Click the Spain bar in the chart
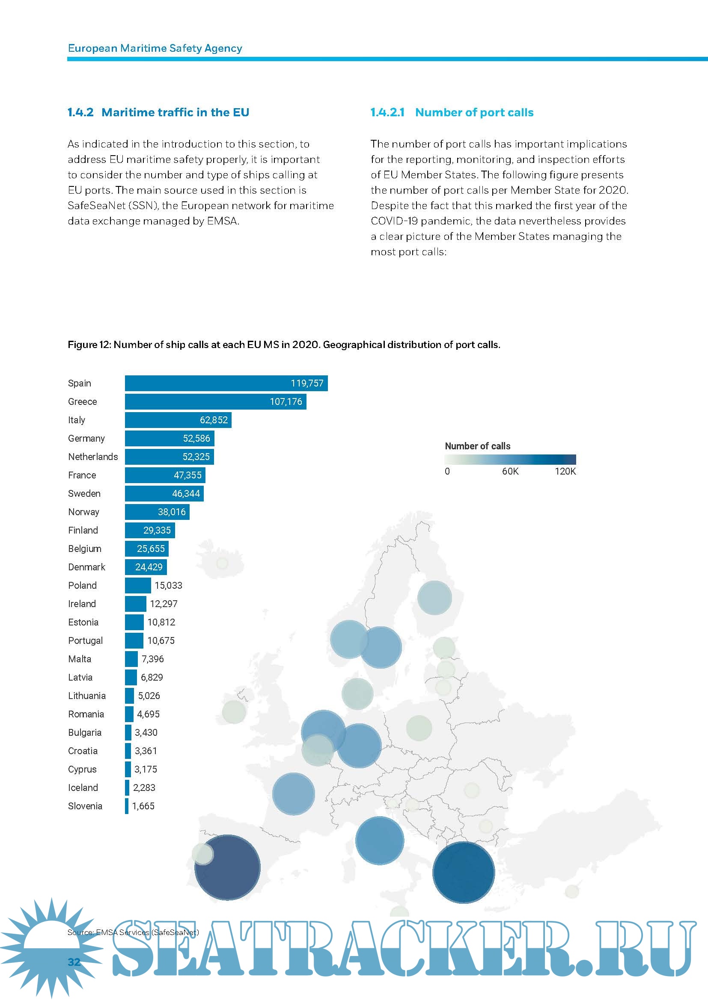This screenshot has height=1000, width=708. pos(226,383)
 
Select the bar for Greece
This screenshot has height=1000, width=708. pos(215,401)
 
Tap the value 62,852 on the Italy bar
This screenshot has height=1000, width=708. pos(214,420)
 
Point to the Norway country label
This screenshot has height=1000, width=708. pos(84,512)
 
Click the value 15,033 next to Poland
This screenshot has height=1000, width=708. pos(168,585)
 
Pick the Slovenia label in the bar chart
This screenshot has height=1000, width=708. pos(85,806)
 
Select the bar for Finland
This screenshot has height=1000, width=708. pos(149,530)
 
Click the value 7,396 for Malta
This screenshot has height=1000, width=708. pos(152,659)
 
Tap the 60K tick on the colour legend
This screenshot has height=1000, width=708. pos(510,471)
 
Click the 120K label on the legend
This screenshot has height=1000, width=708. pos(565,471)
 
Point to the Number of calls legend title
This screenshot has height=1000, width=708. pos(477,446)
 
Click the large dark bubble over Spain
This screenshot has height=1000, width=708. pos(228,867)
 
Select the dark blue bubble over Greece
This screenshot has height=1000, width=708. pos(464,873)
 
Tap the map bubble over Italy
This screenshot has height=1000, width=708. pos(379,841)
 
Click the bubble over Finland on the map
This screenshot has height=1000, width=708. pos(434,598)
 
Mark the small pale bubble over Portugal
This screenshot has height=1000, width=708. pos(203,854)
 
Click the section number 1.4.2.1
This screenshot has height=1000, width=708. pos(387,112)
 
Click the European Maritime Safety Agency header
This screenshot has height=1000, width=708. pos(155,48)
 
